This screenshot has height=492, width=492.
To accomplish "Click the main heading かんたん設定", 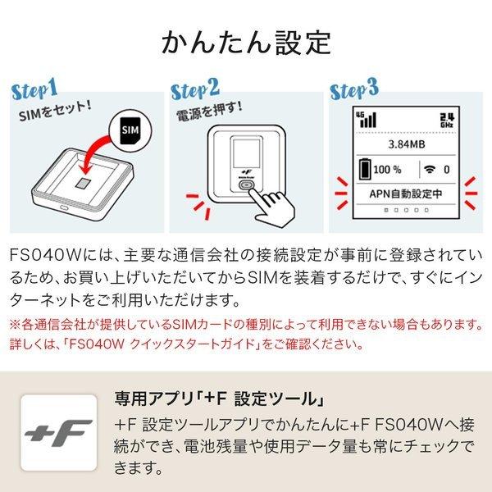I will [246, 40].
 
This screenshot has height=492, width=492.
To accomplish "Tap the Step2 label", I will [197, 89].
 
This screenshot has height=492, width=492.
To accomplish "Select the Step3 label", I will [354, 89].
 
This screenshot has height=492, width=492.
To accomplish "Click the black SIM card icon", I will [130, 130].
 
